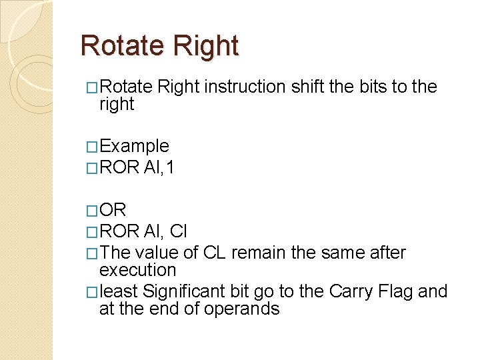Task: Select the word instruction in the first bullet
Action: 245,87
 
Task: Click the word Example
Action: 133,146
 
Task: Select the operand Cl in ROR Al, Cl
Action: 179,231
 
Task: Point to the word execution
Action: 137,270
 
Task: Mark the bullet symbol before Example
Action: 92,147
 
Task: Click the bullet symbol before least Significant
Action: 92,292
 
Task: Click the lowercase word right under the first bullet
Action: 116,104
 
